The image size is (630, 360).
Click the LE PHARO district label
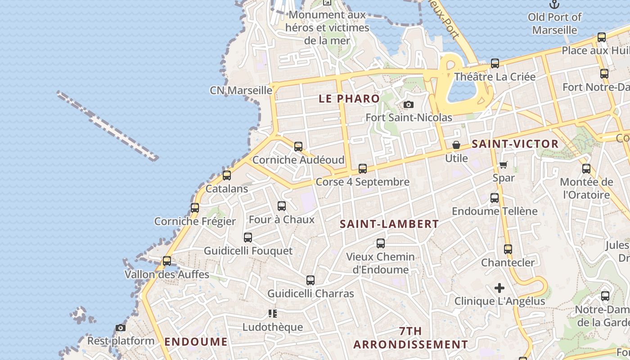(349, 99)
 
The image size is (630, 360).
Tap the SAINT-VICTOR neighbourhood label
(515, 144)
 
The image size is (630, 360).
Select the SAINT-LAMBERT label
(389, 224)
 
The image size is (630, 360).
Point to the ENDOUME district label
(196, 342)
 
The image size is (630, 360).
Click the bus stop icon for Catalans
(227, 175)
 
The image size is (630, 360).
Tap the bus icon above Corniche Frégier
(195, 208)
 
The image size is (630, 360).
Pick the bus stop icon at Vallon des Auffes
(167, 261)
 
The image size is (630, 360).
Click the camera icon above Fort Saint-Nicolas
(409, 105)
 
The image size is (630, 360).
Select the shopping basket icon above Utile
(456, 145)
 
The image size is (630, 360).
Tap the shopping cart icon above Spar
(504, 165)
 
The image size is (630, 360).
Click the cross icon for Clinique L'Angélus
(499, 288)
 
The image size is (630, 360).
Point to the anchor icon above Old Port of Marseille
(554, 4)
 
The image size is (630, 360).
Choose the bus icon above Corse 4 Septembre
(363, 169)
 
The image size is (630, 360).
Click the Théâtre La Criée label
(495, 76)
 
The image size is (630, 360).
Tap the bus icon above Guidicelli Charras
(310, 280)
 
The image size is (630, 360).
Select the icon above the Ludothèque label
(272, 314)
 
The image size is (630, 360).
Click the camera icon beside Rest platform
(121, 328)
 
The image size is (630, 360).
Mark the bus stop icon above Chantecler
(508, 249)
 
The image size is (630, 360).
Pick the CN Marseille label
(241, 90)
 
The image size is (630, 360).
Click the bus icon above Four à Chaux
(282, 206)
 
